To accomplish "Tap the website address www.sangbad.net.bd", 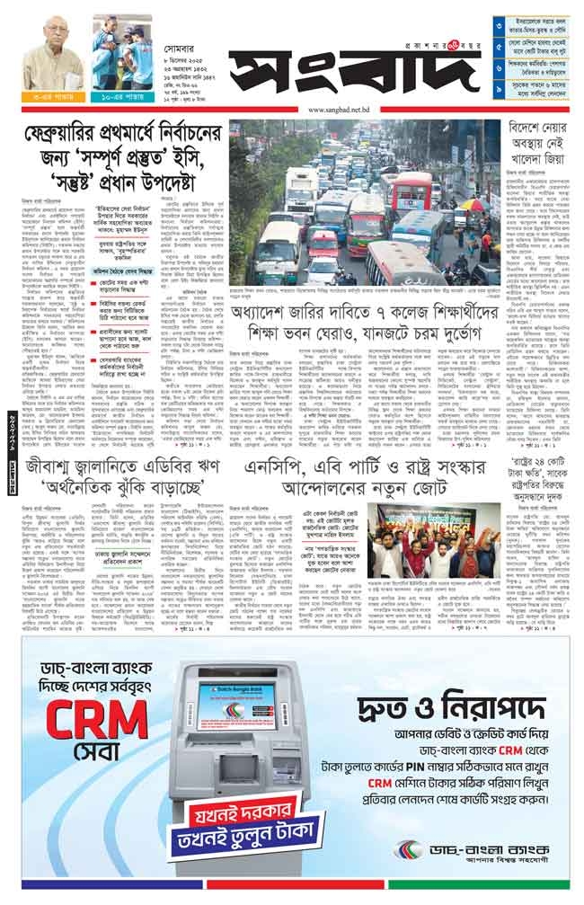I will tap(346, 111).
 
